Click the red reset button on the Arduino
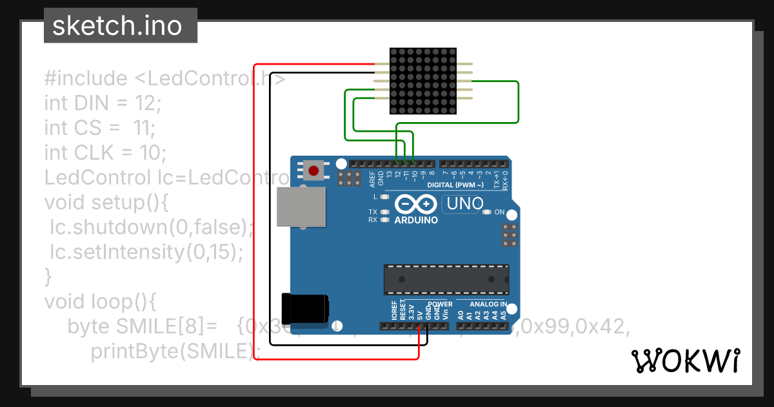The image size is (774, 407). [313, 171]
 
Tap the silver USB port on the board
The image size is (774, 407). [301, 207]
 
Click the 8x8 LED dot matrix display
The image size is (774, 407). [424, 81]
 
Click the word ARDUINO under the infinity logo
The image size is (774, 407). [416, 220]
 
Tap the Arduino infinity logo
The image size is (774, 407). [416, 205]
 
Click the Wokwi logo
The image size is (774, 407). [686, 360]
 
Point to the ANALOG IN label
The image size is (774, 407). [488, 304]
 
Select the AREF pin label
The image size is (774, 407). [372, 179]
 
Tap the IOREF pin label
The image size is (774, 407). [394, 311]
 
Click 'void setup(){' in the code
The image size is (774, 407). [106, 202]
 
